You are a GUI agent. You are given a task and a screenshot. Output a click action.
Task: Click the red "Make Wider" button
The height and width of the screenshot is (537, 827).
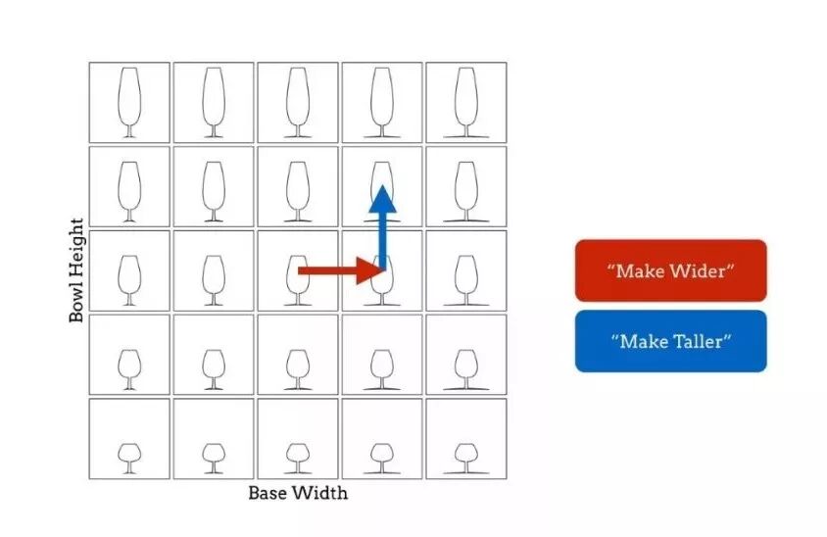click(x=670, y=270)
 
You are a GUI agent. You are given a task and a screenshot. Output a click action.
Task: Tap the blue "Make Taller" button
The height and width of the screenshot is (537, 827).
click(x=670, y=341)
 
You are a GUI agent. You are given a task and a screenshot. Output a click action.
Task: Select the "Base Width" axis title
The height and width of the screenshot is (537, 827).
click(x=298, y=492)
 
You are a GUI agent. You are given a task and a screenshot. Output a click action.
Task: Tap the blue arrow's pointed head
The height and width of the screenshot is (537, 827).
click(x=382, y=197)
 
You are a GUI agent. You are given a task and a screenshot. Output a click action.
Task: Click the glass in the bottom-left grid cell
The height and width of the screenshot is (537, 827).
click(x=129, y=456)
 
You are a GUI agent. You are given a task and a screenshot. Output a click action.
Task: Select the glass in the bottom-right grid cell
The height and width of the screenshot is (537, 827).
click(x=466, y=456)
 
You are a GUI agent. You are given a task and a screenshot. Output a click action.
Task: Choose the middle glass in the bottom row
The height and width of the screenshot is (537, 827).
click(x=298, y=456)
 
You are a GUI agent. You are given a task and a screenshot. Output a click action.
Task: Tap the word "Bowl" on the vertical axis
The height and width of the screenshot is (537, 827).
click(x=77, y=299)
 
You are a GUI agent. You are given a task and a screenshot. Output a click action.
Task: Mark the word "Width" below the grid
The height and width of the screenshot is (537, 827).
click(x=324, y=492)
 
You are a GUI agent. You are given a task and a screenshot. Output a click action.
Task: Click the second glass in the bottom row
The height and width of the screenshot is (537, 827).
click(x=214, y=456)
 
